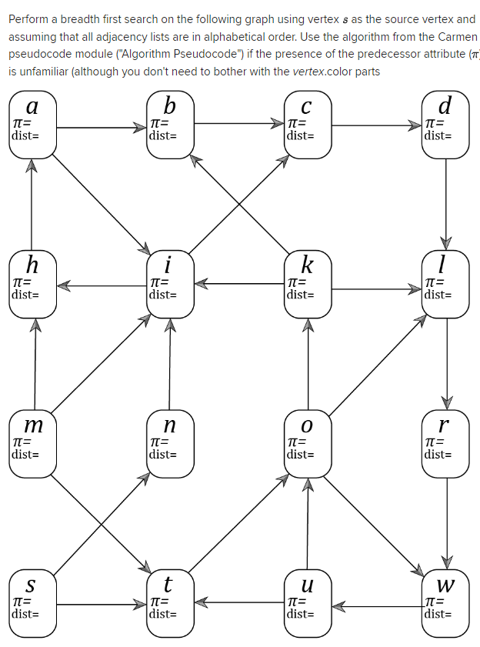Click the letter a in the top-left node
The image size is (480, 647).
[32, 106]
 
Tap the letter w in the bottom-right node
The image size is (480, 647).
[445, 585]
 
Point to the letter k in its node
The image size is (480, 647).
[307, 265]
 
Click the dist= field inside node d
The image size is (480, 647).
[438, 135]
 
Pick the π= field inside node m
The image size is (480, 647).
[22, 442]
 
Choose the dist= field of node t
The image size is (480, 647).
[162, 614]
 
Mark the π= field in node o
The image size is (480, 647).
[296, 442]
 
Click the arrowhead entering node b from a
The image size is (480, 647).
[141, 128]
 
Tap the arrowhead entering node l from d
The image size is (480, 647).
[446, 242]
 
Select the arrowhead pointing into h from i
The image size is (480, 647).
[63, 285]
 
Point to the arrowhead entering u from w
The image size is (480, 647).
[337, 608]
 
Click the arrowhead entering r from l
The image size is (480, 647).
[446, 403]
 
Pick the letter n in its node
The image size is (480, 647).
[169, 425]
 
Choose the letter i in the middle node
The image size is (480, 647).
[168, 265]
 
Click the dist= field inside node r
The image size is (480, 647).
[438, 454]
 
